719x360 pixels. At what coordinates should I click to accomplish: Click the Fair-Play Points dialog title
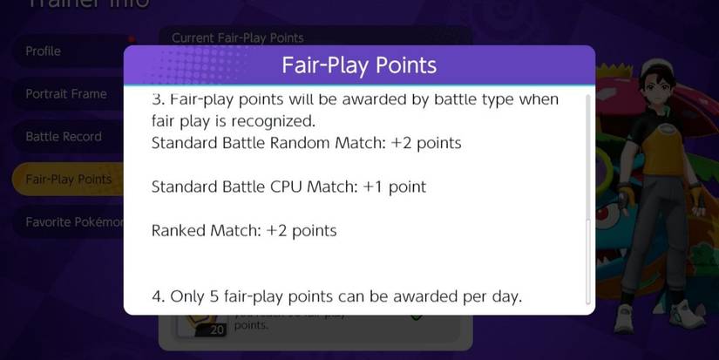click(359, 66)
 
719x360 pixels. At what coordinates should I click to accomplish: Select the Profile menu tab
click(44, 51)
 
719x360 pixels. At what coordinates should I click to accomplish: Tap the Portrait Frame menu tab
click(66, 94)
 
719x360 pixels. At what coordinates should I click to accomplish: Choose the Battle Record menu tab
click(64, 137)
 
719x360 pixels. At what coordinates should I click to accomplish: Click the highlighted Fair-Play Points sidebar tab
click(68, 180)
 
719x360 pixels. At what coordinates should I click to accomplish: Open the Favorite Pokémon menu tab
click(73, 222)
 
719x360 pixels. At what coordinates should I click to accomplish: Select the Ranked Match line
click(244, 231)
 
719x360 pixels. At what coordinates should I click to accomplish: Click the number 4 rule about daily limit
click(336, 296)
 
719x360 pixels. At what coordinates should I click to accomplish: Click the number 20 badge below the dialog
click(217, 329)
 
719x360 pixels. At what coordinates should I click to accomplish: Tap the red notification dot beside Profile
click(132, 39)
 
